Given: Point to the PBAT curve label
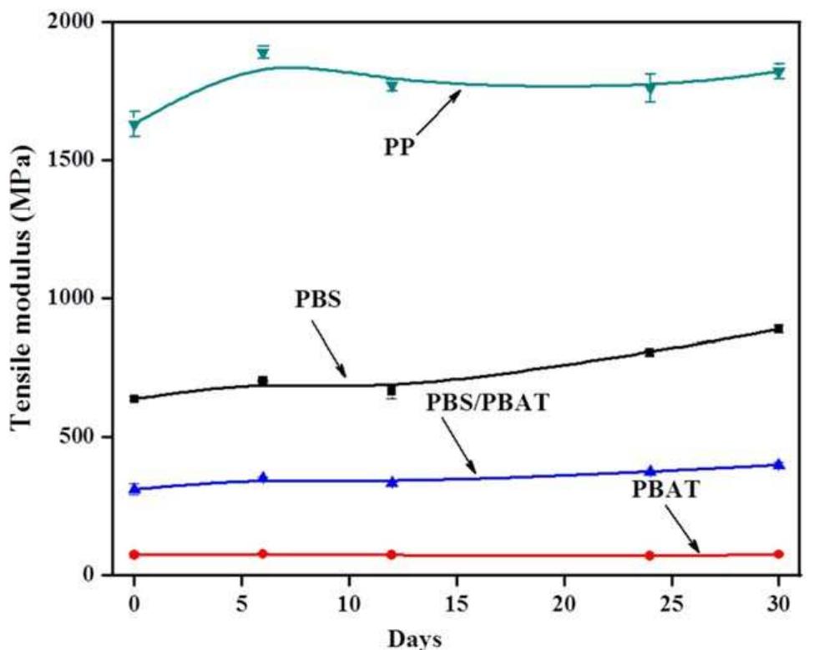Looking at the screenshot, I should [666, 489].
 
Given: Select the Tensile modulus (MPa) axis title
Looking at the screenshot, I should [24, 298].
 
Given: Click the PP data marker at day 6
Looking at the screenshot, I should [263, 53].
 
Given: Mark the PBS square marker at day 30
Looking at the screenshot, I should [779, 329].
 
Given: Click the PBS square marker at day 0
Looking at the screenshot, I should [134, 399].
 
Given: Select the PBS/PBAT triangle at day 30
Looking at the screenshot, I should [779, 464].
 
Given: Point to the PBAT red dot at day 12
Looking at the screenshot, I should [392, 554].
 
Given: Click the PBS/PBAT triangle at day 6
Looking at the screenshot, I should [263, 477].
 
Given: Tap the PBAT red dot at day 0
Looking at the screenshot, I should [134, 554].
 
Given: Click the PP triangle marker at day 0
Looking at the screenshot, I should [134, 126].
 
